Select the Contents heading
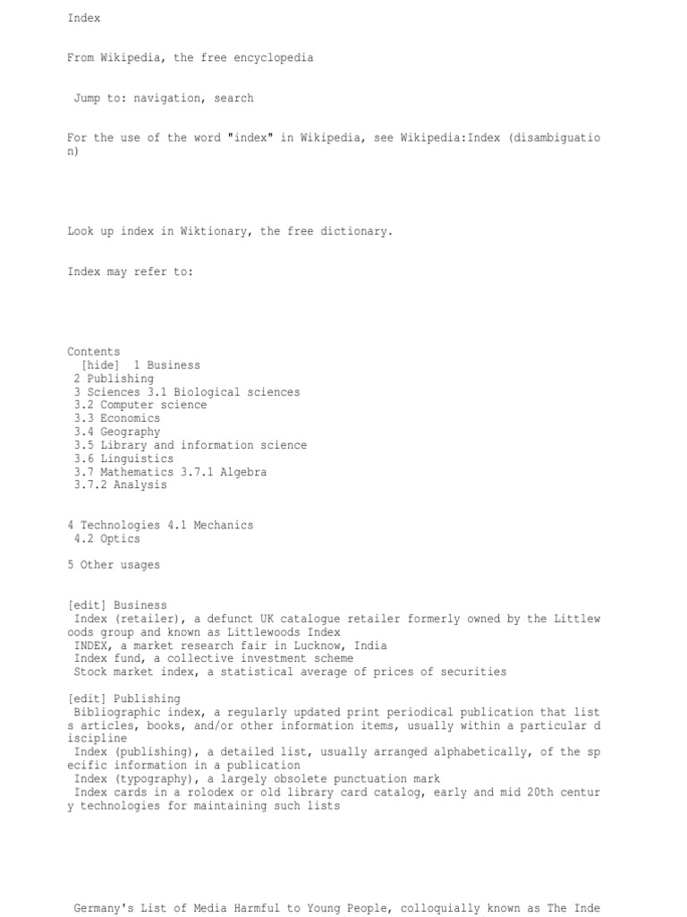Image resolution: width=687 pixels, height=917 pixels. [x=93, y=352]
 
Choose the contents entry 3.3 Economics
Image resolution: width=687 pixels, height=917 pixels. [x=117, y=418]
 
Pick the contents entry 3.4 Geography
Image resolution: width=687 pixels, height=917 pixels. [x=117, y=432]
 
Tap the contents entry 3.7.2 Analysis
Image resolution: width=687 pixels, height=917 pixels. [x=121, y=484]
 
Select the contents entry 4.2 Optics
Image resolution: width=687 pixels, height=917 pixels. [x=107, y=538]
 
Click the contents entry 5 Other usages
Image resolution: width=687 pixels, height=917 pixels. [x=114, y=565]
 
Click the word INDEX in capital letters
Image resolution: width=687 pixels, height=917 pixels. [x=93, y=645]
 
